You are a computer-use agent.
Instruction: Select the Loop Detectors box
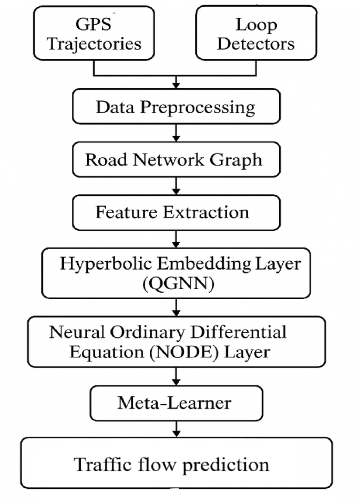[x=248, y=33]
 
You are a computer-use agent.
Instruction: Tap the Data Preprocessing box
[x=175, y=107]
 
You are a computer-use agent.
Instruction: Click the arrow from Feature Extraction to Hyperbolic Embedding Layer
[x=177, y=239]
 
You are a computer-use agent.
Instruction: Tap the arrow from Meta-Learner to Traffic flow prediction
[x=177, y=428]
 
